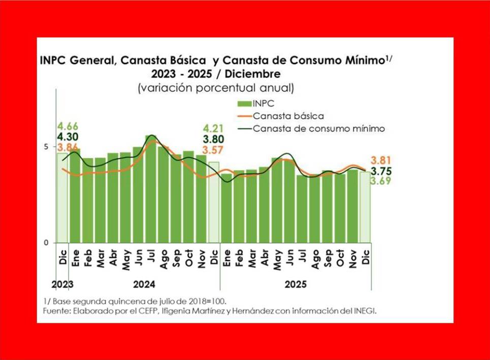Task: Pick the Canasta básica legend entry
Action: pyautogui.click(x=287, y=116)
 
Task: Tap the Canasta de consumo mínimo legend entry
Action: pyautogui.click(x=318, y=128)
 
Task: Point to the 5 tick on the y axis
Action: pyautogui.click(x=46, y=147)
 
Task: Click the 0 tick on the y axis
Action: pyautogui.click(x=46, y=243)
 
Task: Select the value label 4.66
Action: pyautogui.click(x=68, y=126)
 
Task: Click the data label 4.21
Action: pyautogui.click(x=213, y=128)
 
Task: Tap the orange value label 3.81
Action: pyautogui.click(x=380, y=159)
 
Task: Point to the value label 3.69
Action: pyautogui.click(x=380, y=181)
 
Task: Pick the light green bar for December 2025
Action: pyautogui.click(x=365, y=207)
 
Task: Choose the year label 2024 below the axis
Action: pyautogui.click(x=145, y=284)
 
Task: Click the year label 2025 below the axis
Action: pyautogui.click(x=296, y=284)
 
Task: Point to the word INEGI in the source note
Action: pyautogui.click(x=365, y=311)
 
